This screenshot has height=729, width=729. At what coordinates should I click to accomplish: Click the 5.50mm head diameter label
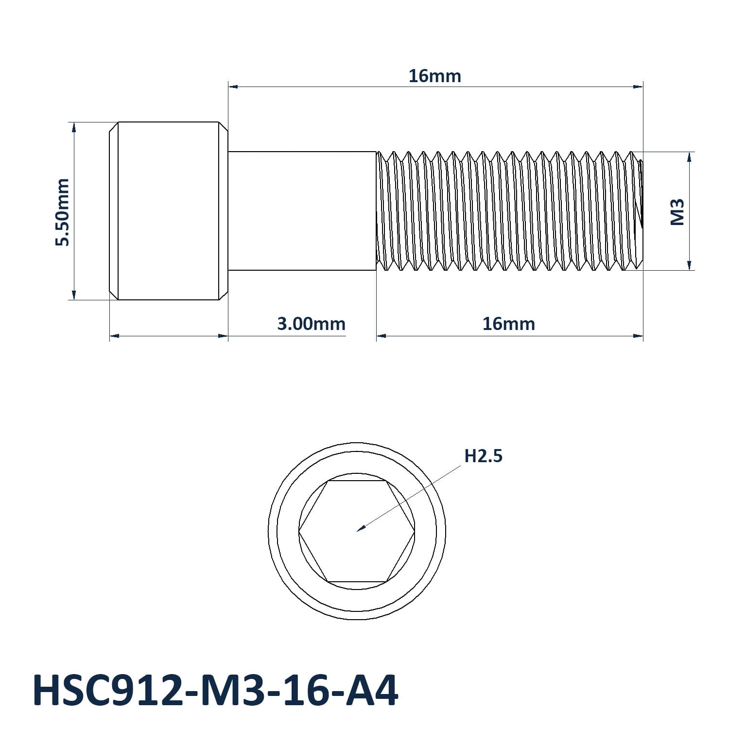pyautogui.click(x=62, y=212)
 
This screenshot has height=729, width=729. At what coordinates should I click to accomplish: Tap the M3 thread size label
pyautogui.click(x=677, y=212)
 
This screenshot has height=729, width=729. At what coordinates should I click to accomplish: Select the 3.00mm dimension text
pyautogui.click(x=311, y=324)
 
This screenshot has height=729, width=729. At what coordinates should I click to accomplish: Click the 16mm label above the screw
pyautogui.click(x=434, y=76)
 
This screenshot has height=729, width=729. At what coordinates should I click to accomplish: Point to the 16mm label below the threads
pyautogui.click(x=508, y=324)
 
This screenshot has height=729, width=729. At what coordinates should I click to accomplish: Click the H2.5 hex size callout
pyautogui.click(x=483, y=456)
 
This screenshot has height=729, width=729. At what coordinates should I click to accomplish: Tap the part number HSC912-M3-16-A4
pyautogui.click(x=215, y=690)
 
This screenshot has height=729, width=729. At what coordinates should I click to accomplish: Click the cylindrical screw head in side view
pyautogui.click(x=168, y=211)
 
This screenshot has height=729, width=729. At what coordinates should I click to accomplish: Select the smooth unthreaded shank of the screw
pyautogui.click(x=302, y=211)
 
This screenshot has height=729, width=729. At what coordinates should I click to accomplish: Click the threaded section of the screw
pyautogui.click(x=509, y=211)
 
